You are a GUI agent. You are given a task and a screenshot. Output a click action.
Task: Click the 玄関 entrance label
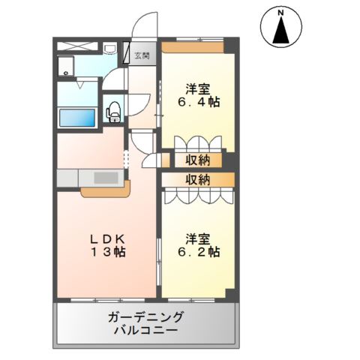coord(142,55)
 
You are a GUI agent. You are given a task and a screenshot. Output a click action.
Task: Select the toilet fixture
coord(113,111)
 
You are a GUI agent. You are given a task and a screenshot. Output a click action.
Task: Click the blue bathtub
coord(77,118)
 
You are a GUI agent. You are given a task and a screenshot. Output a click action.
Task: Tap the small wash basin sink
coord(109,51)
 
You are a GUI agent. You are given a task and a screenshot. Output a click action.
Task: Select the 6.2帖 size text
coord(198,252)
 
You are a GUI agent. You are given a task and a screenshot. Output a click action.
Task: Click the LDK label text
coord(107,238)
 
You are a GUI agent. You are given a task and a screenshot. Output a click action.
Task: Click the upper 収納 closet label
coord(198,159)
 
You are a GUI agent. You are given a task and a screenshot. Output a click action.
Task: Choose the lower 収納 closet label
coord(198,179)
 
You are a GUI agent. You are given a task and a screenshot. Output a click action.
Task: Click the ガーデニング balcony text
coord(145,316)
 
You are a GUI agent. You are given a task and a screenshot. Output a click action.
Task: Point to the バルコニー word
coord(145,330)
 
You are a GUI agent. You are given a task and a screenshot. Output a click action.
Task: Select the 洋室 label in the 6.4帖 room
coord(198,87)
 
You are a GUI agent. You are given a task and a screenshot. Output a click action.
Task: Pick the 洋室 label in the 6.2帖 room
coord(198,238)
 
